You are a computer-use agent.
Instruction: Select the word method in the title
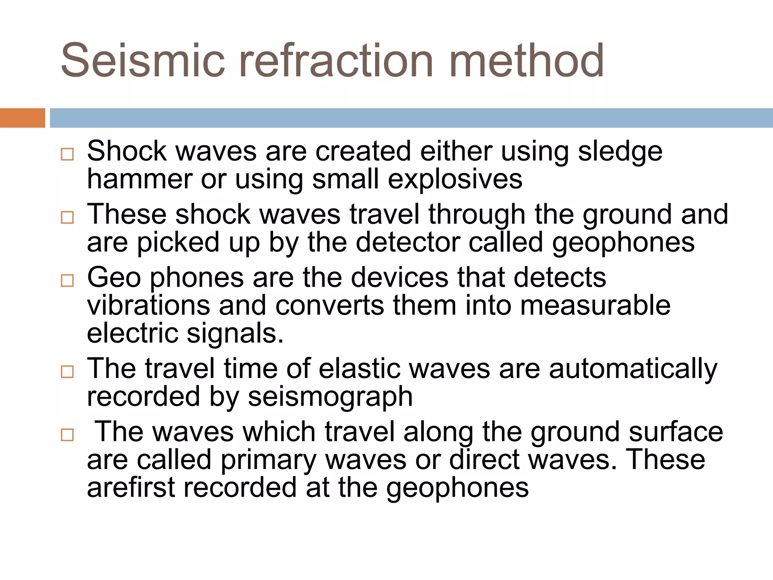[527, 60]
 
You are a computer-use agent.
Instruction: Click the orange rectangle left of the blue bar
[22, 118]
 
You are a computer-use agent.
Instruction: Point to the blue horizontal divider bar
[411, 118]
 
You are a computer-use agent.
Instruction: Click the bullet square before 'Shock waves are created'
[67, 154]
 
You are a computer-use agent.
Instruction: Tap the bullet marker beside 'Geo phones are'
[67, 281]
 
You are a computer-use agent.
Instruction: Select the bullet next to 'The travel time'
[67, 372]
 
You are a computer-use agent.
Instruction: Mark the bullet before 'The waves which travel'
[67, 435]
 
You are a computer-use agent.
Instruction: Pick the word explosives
[455, 179]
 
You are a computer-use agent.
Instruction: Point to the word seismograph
[330, 397]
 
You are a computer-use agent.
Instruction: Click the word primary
[268, 460]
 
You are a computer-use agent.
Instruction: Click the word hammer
[139, 179]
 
